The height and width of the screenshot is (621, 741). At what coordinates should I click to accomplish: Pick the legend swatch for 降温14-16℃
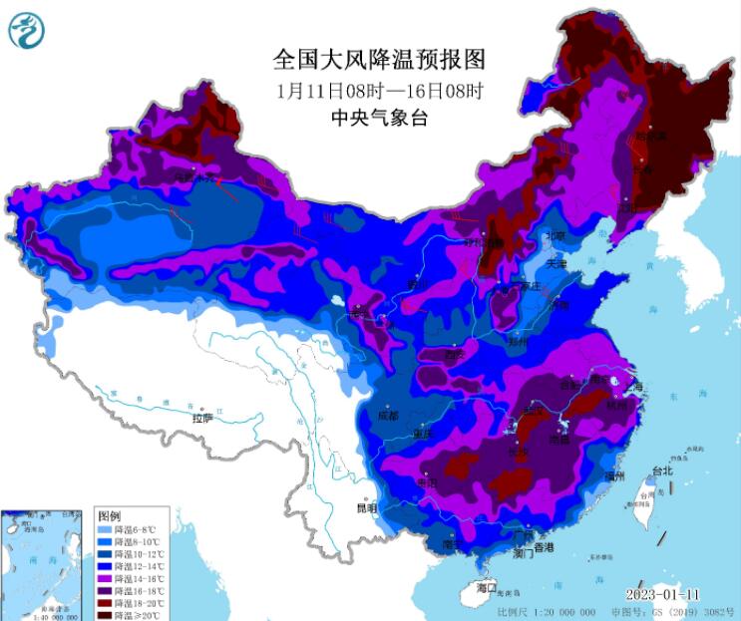tap(106, 578)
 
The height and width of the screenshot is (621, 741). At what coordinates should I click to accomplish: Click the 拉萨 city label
tap(202, 419)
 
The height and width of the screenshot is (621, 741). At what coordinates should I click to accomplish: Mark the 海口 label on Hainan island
tap(486, 588)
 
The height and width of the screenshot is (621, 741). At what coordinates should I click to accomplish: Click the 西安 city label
tap(456, 354)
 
